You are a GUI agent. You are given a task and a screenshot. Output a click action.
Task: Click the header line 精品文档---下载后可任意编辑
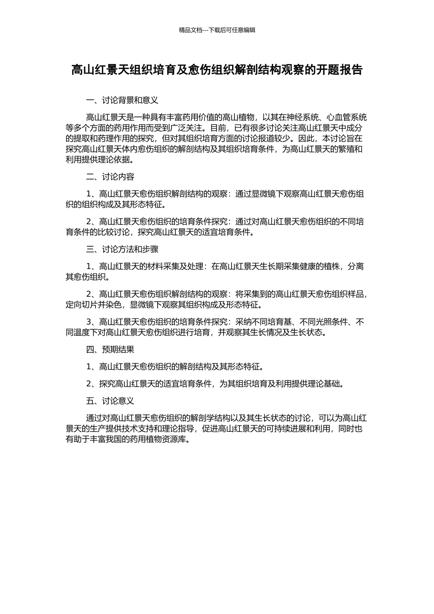click(217, 30)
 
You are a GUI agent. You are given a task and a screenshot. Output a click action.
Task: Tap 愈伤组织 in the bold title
click(215, 70)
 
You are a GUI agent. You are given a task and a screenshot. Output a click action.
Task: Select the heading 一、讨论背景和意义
click(122, 101)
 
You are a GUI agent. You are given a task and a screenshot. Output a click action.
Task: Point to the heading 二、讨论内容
click(110, 177)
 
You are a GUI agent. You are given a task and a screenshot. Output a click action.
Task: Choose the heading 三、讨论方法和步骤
click(122, 249)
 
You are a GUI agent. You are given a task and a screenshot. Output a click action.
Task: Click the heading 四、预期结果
click(110, 350)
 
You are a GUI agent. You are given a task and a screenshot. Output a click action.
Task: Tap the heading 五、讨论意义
click(110, 401)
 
